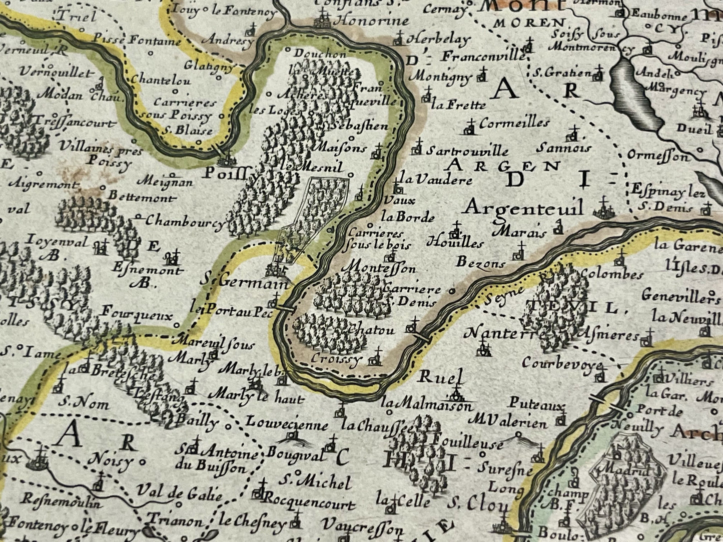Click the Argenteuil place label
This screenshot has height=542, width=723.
(522, 206)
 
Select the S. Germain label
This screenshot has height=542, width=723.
(245, 282)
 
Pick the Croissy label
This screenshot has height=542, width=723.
(335, 358)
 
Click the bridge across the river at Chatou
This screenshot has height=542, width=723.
(420, 339)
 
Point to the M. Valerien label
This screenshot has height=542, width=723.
(510, 423)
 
